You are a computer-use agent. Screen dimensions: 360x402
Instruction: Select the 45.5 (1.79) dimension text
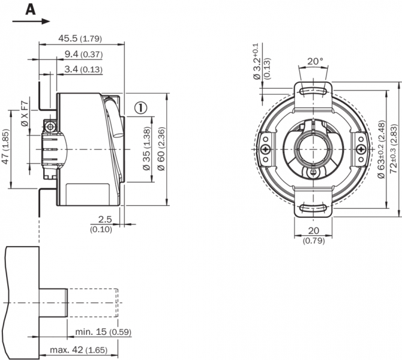tap(80, 38)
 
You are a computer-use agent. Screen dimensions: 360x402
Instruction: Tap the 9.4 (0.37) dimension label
tap(83, 55)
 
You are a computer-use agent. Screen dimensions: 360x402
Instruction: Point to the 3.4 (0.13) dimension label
tap(83, 70)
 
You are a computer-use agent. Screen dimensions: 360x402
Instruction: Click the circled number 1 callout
tap(140, 108)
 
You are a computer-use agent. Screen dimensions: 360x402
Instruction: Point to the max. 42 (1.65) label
tap(86, 349)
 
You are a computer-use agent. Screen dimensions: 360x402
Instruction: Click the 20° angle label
tap(315, 61)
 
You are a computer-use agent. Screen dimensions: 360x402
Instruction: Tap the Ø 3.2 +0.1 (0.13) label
tap(262, 62)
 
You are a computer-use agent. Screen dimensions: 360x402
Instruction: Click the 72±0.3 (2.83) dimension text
tap(394, 148)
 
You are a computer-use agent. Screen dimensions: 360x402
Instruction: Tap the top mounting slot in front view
tap(313, 91)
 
